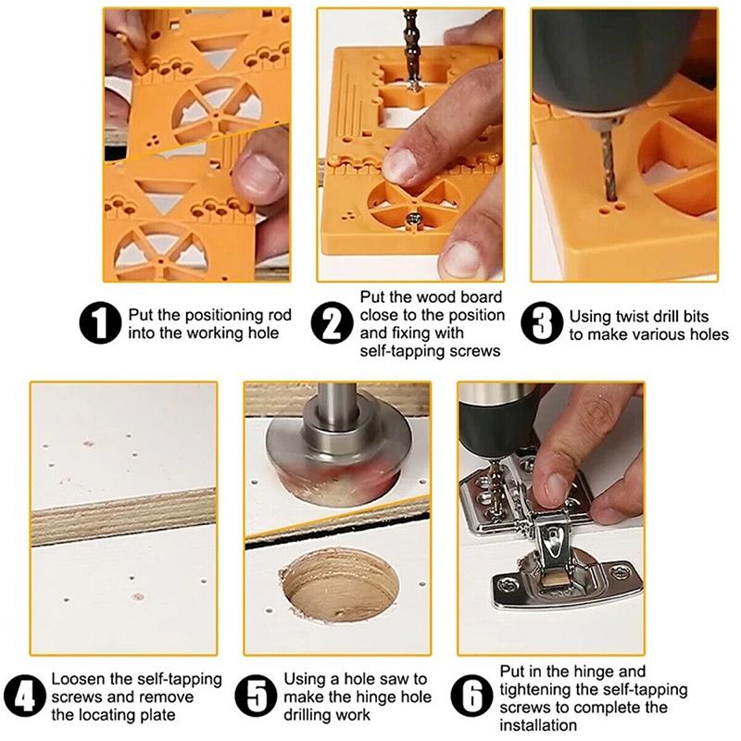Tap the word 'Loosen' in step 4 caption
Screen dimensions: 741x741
[78, 679]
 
